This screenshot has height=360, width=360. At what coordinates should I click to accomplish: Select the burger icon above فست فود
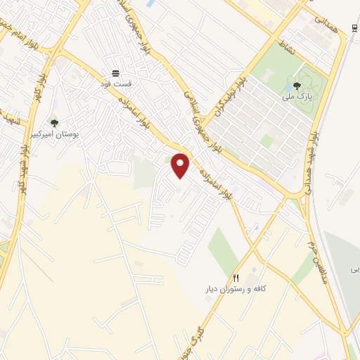coord(116,73)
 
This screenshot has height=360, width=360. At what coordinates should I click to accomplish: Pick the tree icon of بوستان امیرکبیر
coord(54,124)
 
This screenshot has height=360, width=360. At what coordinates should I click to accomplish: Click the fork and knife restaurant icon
coord(236,278)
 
